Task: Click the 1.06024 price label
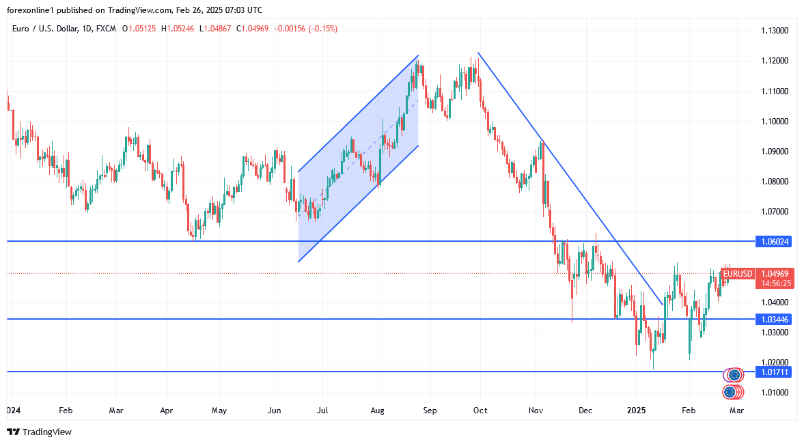775,242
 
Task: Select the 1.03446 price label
775,319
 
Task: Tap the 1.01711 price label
775,372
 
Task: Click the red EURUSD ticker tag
737,274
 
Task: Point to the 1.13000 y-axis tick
775,31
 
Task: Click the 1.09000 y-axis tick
775,152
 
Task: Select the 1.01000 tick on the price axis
775,393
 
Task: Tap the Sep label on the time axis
430,411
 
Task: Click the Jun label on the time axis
274,411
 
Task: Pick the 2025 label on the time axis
636,411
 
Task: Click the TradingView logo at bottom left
39,432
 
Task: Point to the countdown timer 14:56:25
775,283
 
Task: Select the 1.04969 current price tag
775,274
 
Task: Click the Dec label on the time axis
585,411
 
